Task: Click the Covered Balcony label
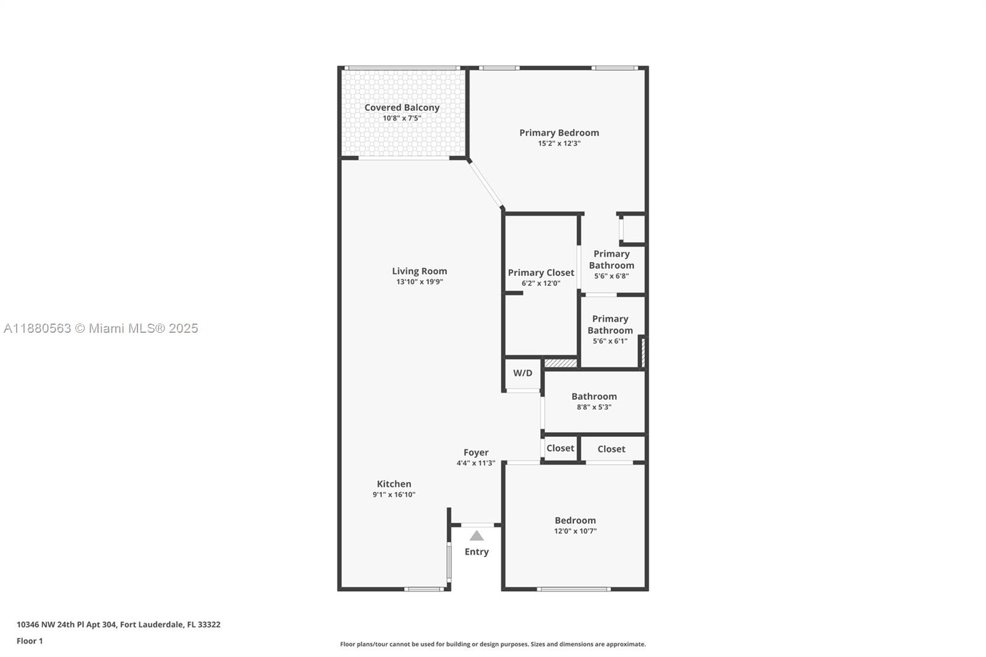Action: pyautogui.click(x=402, y=107)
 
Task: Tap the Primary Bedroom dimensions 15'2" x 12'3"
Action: pyautogui.click(x=559, y=143)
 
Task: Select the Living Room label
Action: pyautogui.click(x=420, y=271)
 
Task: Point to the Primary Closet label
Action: pyautogui.click(x=541, y=272)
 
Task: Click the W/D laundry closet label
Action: pyautogui.click(x=523, y=373)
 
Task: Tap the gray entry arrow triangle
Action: pyautogui.click(x=477, y=536)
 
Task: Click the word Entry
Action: pyautogui.click(x=477, y=552)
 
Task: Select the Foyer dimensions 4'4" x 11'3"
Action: pyautogui.click(x=476, y=463)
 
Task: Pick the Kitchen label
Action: pyautogui.click(x=394, y=484)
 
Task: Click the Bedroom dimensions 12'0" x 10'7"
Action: pyautogui.click(x=576, y=531)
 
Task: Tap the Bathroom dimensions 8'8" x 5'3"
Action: pyautogui.click(x=594, y=407)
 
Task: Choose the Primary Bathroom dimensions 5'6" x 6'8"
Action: pyautogui.click(x=611, y=276)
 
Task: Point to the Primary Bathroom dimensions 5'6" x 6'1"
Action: pyautogui.click(x=610, y=341)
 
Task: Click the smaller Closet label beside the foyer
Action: pyautogui.click(x=560, y=448)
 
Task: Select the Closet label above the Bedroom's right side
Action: pyautogui.click(x=611, y=449)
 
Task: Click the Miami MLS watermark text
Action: pyautogui.click(x=101, y=328)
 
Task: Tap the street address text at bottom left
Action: pyautogui.click(x=118, y=624)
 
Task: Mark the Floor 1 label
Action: pyautogui.click(x=30, y=641)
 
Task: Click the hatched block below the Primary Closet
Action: pyautogui.click(x=560, y=363)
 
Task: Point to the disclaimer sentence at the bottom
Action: pyautogui.click(x=493, y=644)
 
